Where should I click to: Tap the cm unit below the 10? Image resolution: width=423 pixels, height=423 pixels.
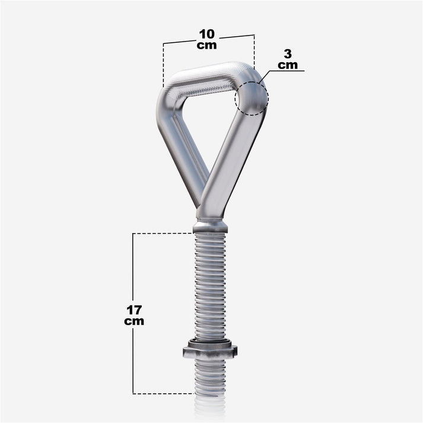[207, 46]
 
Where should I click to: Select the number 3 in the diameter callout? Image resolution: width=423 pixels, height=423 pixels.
[288, 55]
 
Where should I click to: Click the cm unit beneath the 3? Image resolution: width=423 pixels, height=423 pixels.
[288, 65]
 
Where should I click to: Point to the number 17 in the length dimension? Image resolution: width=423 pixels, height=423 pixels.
[134, 310]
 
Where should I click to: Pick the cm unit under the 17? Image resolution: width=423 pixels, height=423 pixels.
[134, 321]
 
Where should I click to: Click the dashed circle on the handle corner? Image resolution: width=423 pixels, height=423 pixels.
[251, 97]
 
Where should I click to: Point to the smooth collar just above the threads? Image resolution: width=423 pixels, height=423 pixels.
[211, 227]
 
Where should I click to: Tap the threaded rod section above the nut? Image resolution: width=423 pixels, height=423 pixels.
[210, 285]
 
